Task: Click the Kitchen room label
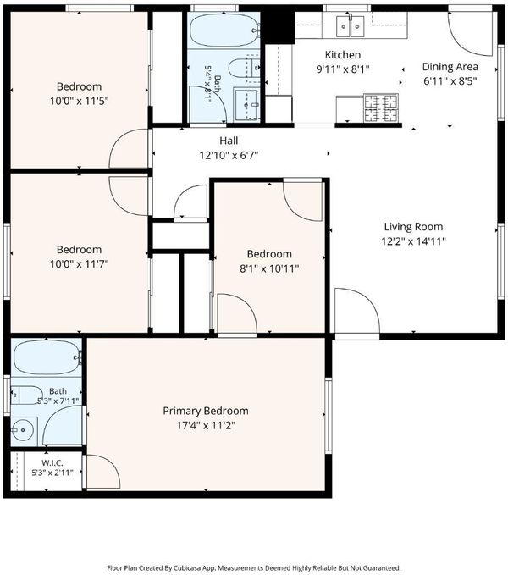(343, 55)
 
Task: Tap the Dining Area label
(450, 67)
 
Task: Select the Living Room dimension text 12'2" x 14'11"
(413, 241)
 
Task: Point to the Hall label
(229, 141)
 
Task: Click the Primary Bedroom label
(206, 411)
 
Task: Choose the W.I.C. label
(52, 463)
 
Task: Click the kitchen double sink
(351, 25)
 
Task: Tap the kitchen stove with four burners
(381, 108)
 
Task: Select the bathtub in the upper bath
(224, 30)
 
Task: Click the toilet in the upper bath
(243, 68)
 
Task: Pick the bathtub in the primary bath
(47, 357)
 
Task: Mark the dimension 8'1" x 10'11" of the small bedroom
(269, 268)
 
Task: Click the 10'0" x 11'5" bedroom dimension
(80, 101)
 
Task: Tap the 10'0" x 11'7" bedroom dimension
(80, 263)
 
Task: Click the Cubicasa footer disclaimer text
(254, 568)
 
